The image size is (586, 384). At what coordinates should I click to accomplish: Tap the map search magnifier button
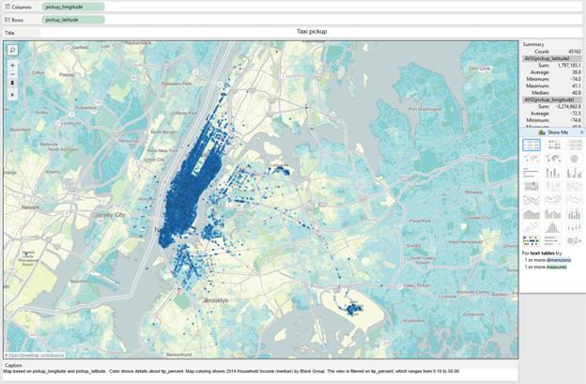13,49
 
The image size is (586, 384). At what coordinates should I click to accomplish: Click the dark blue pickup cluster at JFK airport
355,307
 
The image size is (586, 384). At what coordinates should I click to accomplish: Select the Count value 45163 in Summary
572,51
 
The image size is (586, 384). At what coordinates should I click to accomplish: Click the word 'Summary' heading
534,44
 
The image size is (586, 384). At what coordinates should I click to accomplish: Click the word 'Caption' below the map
12,365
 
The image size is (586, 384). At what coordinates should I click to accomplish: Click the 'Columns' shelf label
21,7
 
